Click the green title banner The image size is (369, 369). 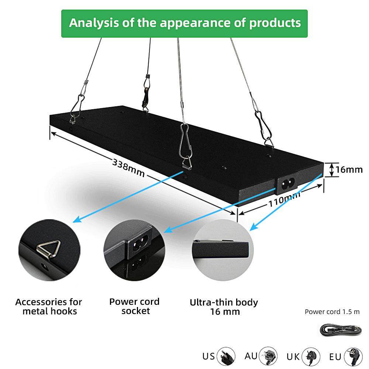click(184, 23)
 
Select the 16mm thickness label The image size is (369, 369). click(349, 170)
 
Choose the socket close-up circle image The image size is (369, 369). click(134, 250)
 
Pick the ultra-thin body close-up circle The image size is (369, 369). click(223, 251)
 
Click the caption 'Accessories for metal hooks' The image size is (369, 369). click(49, 307)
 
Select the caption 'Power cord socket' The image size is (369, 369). click(135, 306)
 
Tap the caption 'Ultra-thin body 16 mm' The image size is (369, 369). click(224, 307)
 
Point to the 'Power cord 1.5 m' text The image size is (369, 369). click(332, 312)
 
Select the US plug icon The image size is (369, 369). click(226, 356)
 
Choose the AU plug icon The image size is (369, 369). click(268, 356)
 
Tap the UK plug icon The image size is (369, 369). click(311, 356)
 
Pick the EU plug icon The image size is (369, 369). click(353, 356)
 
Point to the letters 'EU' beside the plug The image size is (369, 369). click(335, 357)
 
